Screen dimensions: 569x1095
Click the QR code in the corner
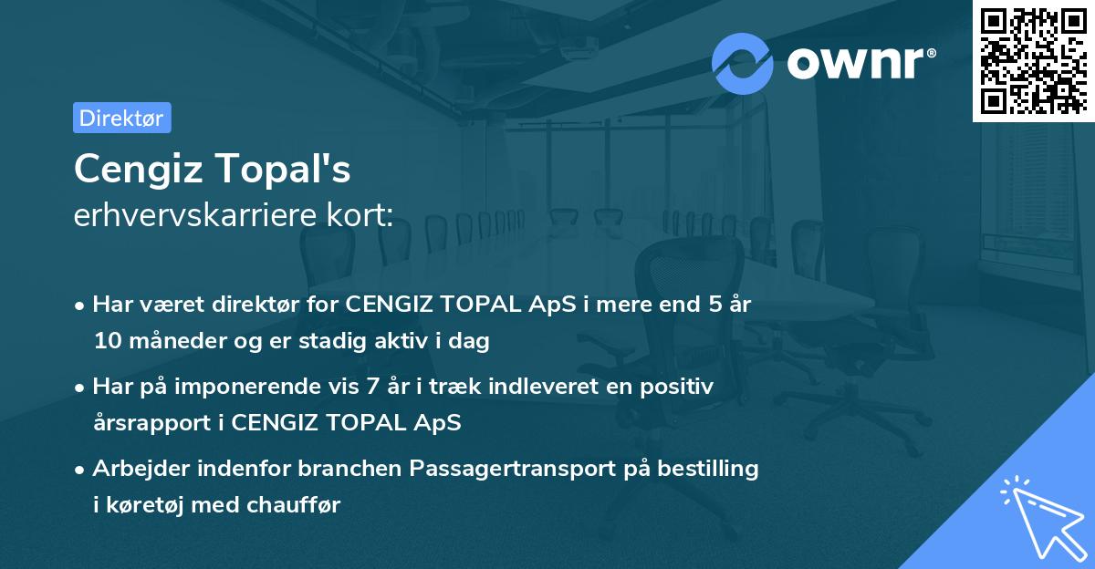pos(1033,60)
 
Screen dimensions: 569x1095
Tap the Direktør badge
pos(121,118)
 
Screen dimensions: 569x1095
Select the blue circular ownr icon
pos(743,63)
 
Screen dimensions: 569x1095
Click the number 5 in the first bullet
pos(702,305)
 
